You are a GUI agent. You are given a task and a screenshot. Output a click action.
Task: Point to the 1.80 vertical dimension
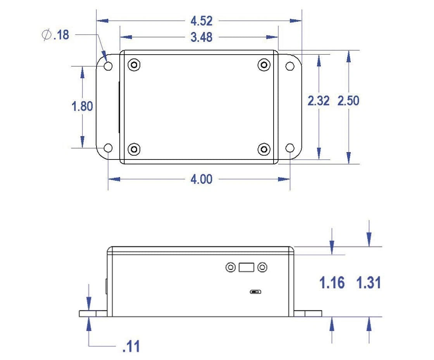[x=82, y=106]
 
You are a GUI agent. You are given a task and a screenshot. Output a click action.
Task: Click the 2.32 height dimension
[x=319, y=101]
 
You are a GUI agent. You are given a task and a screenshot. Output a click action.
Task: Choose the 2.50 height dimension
[x=348, y=101]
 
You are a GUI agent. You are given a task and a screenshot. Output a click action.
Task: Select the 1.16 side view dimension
[x=332, y=283]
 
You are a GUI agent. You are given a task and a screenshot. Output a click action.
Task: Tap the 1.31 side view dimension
[x=368, y=283]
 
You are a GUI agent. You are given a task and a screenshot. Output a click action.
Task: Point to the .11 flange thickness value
[x=131, y=346]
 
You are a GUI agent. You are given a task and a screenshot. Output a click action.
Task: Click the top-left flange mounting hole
[x=108, y=66]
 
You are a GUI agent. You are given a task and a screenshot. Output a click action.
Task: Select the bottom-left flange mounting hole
[x=108, y=147]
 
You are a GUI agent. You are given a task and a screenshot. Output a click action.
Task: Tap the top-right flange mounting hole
[x=290, y=66]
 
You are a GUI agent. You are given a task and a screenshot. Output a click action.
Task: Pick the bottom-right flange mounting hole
[x=290, y=147]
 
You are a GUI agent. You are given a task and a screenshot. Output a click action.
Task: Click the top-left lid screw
[x=134, y=65]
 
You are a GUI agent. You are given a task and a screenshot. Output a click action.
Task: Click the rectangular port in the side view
[x=246, y=267]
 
